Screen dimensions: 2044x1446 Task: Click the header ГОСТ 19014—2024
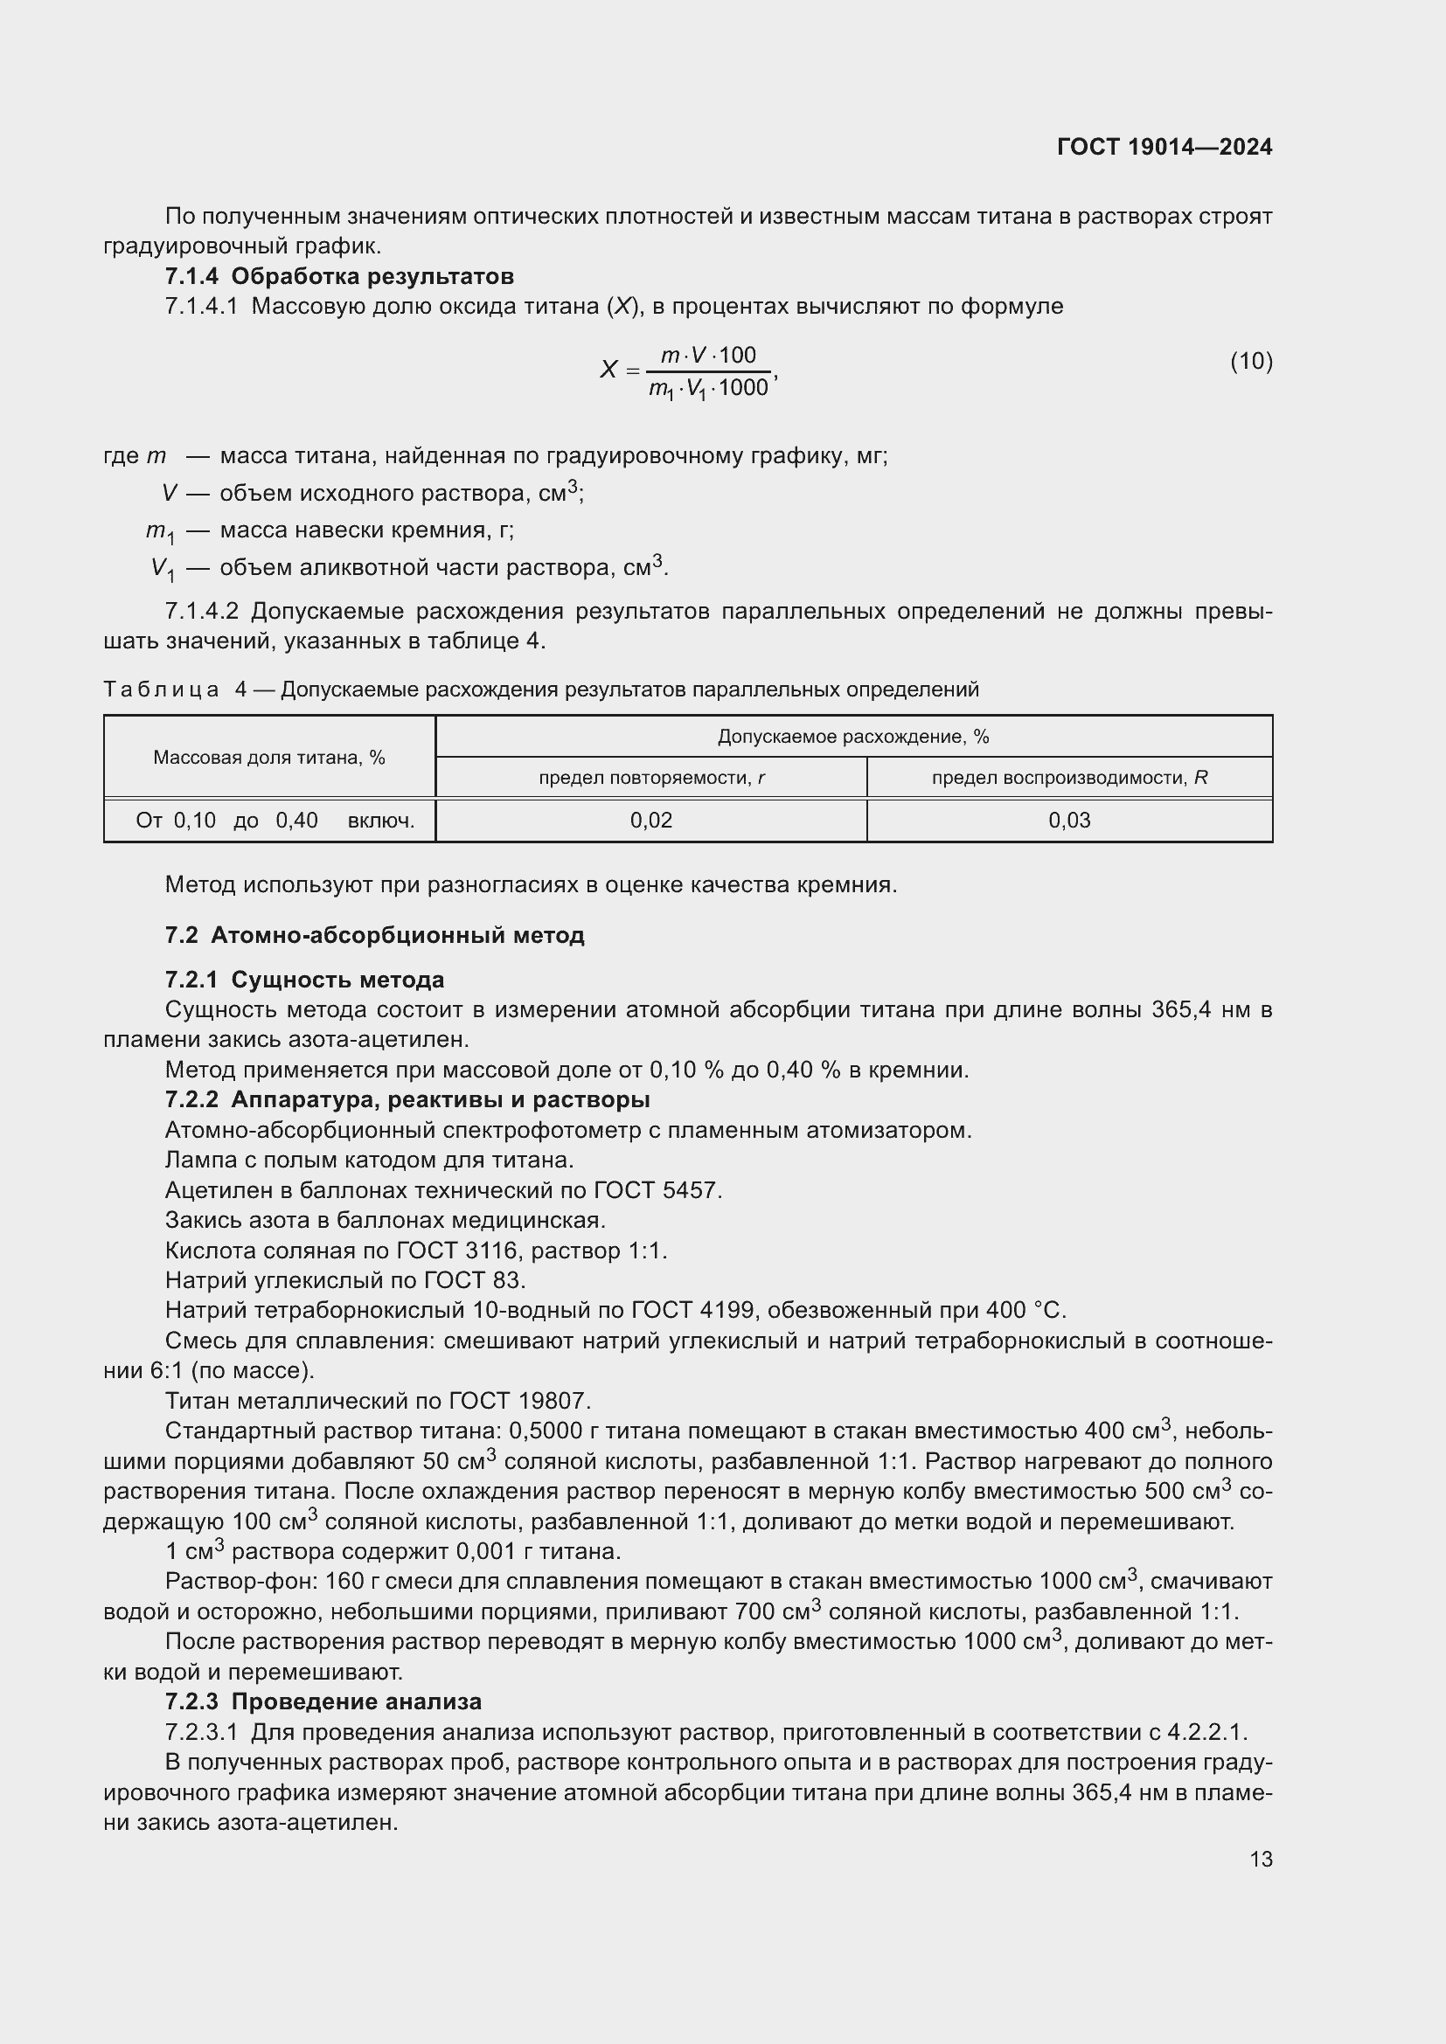(x=1164, y=147)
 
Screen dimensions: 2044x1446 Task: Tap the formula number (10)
(x=1251, y=361)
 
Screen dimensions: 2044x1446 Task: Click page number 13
(x=1261, y=1859)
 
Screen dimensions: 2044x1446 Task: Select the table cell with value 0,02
(x=651, y=821)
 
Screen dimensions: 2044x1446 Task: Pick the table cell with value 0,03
(x=1068, y=821)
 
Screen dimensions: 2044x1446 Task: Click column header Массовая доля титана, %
(x=269, y=758)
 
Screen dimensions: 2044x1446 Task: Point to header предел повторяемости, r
(x=651, y=778)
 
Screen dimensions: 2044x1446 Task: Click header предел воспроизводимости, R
(x=1068, y=778)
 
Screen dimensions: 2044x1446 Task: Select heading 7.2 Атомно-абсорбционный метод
(x=374, y=936)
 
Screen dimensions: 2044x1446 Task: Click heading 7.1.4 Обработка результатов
(x=339, y=276)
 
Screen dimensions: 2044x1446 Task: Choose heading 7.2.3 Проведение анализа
(x=323, y=1701)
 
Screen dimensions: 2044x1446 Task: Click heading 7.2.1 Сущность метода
(x=304, y=980)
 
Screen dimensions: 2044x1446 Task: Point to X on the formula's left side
(x=608, y=370)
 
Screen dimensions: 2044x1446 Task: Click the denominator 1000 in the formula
(x=742, y=388)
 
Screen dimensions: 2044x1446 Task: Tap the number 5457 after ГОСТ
(x=691, y=1190)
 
